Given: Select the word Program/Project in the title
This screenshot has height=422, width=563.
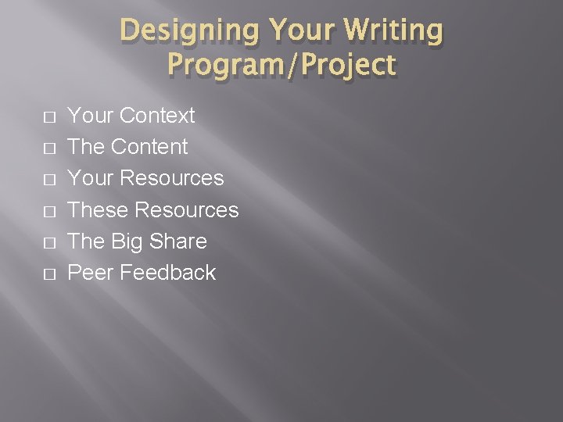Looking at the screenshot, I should [x=281, y=65].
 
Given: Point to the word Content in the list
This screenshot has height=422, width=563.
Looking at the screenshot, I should [x=149, y=147].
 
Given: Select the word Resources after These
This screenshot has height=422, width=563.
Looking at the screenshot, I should [x=187, y=209].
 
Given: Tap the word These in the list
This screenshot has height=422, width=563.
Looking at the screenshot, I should [x=99, y=209].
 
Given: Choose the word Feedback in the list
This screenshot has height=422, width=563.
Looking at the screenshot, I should [x=168, y=273].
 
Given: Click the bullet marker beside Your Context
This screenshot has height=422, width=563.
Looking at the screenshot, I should [x=49, y=117].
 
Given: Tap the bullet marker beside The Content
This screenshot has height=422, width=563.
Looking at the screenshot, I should [x=49, y=148].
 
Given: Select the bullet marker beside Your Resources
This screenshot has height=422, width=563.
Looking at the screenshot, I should [x=49, y=180].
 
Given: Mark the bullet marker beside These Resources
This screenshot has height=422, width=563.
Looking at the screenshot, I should [x=49, y=211].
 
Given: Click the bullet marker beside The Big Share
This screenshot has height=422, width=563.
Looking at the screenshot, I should [x=49, y=242].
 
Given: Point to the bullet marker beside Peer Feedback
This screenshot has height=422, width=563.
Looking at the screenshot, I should [x=49, y=274].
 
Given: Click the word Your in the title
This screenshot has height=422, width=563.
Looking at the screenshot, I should [x=299, y=31].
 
